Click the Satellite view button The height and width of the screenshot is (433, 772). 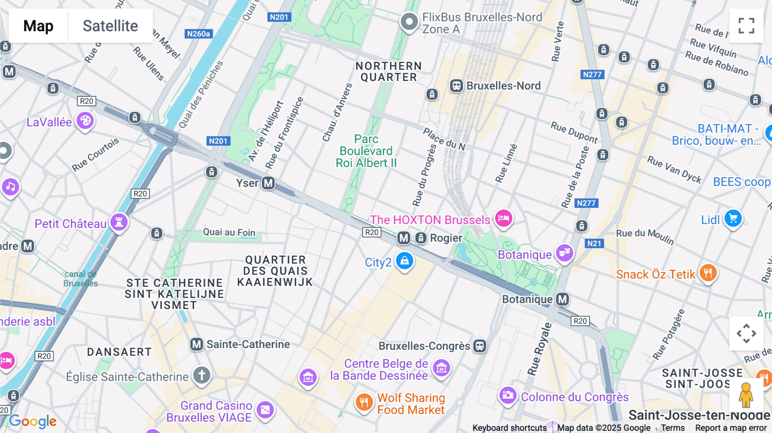point(110,26)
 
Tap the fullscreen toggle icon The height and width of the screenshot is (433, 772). point(746,26)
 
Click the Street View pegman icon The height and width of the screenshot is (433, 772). point(746,395)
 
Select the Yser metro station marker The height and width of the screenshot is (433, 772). point(268,183)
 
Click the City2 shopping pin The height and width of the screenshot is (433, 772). point(404,261)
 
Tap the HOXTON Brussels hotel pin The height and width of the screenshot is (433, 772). point(504,218)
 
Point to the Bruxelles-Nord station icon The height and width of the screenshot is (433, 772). point(456,86)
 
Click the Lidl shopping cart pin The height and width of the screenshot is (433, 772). point(733,219)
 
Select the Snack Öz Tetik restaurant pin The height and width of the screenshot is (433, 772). point(708,273)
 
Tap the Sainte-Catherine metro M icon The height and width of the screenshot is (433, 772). point(196,344)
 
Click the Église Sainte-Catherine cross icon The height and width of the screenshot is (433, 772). point(202,375)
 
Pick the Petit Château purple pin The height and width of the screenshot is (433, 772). point(119,222)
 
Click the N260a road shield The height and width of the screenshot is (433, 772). point(199,34)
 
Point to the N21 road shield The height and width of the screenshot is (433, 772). point(594,244)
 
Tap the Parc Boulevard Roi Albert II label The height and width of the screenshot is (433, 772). point(366,151)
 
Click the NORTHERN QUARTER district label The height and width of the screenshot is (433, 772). point(389,72)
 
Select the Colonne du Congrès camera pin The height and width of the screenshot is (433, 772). point(508,395)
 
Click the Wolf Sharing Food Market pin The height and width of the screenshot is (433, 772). point(364,402)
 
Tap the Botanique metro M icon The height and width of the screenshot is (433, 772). point(562,299)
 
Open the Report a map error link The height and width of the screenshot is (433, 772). point(730,428)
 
